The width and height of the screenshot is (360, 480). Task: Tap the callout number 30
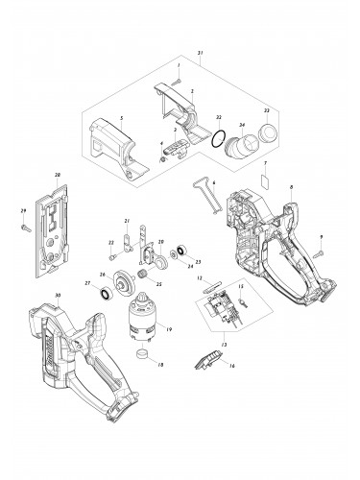point(60,296)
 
